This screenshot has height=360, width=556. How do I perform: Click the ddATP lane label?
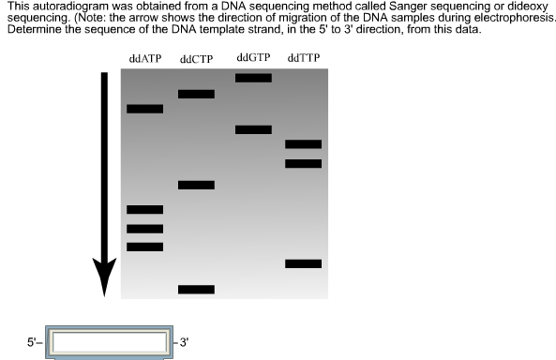[x=145, y=60]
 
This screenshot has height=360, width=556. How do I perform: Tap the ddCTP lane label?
[x=197, y=60]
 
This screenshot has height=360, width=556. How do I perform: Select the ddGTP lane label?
[x=253, y=58]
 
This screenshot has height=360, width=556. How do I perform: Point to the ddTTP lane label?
[x=303, y=59]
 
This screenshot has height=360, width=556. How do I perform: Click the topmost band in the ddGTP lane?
[x=253, y=78]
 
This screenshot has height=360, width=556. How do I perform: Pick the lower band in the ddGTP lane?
[x=253, y=129]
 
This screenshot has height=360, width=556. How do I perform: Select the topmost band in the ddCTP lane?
[x=196, y=94]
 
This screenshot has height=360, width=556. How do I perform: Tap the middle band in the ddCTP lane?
[x=196, y=185]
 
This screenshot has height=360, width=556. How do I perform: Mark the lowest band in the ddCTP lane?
[x=196, y=290]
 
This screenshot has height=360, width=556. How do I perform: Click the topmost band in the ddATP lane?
[x=144, y=109]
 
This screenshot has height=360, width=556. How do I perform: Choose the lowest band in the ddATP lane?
[x=144, y=247]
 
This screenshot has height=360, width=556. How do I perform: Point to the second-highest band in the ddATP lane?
[x=144, y=210]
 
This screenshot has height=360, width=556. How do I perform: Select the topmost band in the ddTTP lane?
[x=303, y=143]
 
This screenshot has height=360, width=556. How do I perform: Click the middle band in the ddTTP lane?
[x=303, y=164]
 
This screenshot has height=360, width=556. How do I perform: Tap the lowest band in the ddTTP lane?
[x=303, y=263]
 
